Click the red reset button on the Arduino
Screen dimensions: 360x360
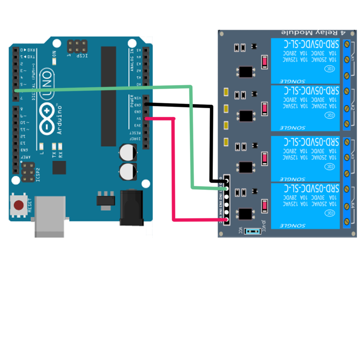18,205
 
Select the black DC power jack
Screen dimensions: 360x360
131,207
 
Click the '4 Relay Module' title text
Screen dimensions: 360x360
313,33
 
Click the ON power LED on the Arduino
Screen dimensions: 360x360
54,61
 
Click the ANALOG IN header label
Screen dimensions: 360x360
132,60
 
